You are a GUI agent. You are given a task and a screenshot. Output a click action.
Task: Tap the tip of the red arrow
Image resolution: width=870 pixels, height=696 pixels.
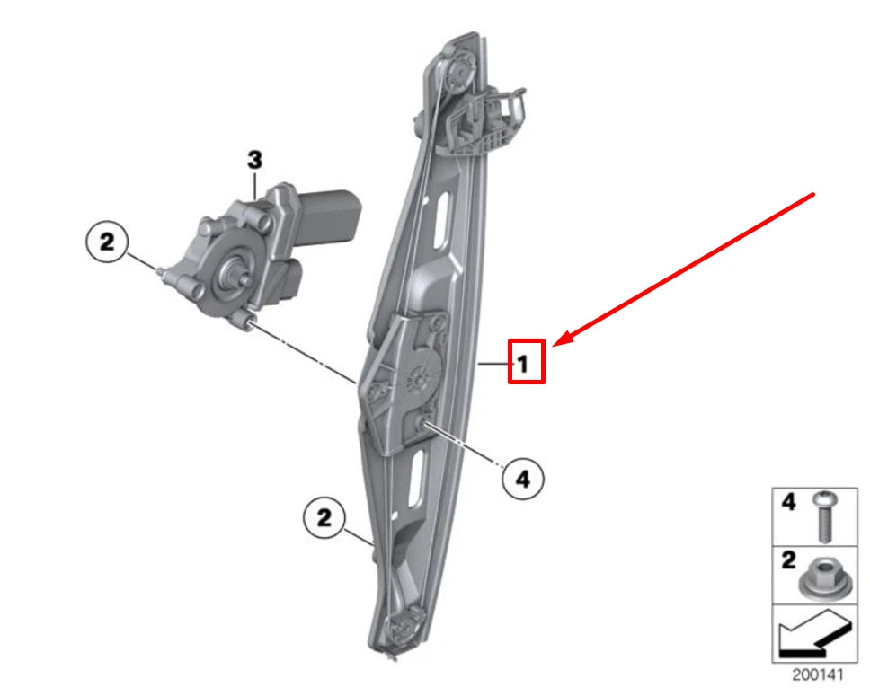pyautogui.click(x=555, y=344)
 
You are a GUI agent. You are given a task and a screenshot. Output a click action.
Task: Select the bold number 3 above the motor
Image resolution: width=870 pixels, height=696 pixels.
pyautogui.click(x=255, y=160)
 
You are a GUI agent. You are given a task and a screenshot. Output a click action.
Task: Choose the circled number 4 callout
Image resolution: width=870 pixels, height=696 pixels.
pyautogui.click(x=522, y=480)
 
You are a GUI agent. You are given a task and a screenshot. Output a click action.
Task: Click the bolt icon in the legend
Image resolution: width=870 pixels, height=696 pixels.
pyautogui.click(x=821, y=515)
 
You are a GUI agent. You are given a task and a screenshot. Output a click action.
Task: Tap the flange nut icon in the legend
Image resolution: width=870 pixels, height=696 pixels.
pyautogui.click(x=820, y=575)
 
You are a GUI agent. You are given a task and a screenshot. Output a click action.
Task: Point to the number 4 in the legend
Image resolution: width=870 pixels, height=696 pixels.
pyautogui.click(x=788, y=503)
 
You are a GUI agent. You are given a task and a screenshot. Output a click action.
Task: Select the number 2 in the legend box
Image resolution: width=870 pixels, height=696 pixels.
pyautogui.click(x=788, y=561)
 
